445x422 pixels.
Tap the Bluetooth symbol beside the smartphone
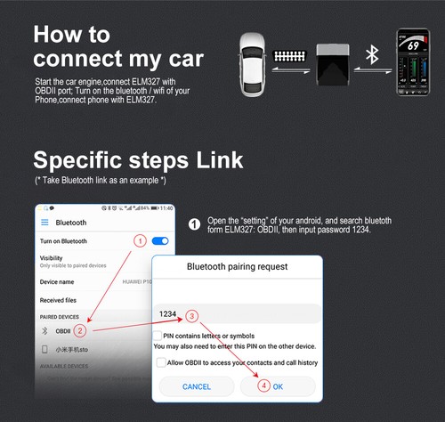(374, 56)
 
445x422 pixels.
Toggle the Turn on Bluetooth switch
(160, 241)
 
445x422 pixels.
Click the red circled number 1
(139, 241)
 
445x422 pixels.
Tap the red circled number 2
(80, 330)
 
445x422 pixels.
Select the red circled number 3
(191, 314)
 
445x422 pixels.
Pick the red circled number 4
(263, 386)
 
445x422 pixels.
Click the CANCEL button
(197, 386)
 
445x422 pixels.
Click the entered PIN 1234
(166, 314)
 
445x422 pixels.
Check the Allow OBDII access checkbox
(160, 362)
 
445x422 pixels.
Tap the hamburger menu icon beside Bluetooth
(44, 222)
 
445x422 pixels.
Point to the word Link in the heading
(214, 159)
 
